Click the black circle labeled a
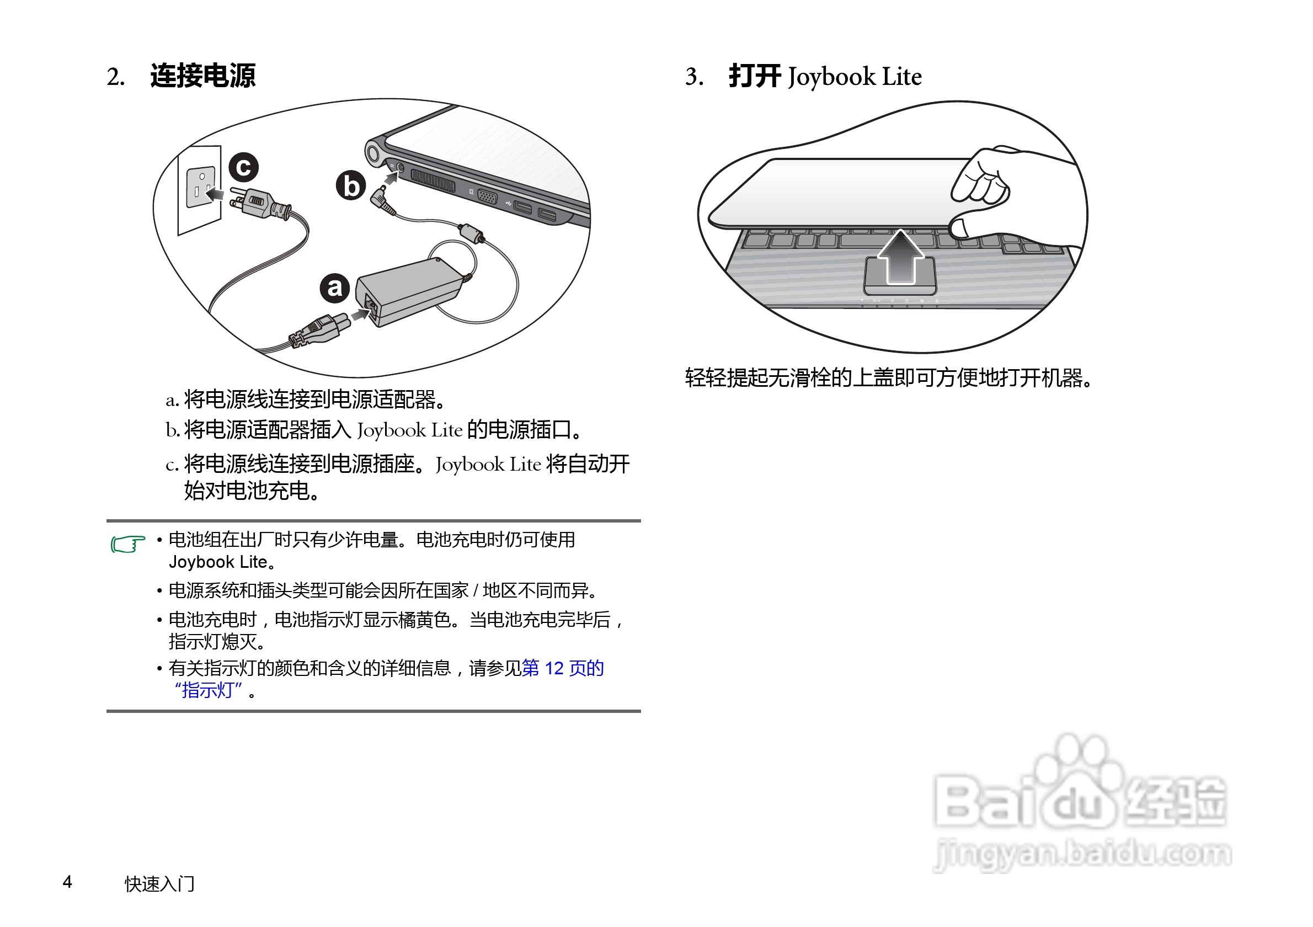coord(334,287)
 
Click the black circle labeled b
coord(350,185)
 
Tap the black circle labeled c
coord(244,168)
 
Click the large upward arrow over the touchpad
coord(900,257)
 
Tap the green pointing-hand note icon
coord(127,544)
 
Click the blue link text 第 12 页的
coord(563,668)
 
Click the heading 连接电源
coord(202,76)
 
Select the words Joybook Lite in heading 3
coord(855,77)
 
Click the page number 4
coord(67,882)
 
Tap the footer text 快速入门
coord(159,883)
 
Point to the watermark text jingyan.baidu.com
coord(1082,854)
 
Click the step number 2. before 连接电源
coord(115,77)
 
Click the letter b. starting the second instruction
coord(172,430)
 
